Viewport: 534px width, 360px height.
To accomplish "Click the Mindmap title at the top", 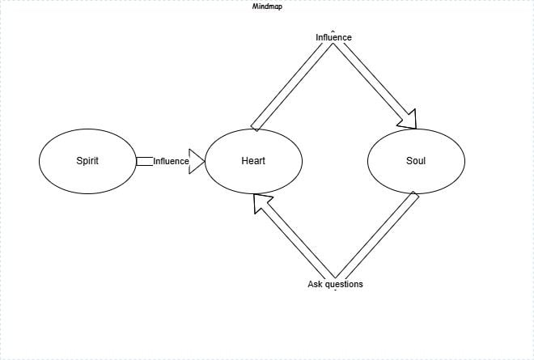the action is click(x=267, y=6).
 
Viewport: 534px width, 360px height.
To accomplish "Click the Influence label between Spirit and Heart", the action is click(x=171, y=161).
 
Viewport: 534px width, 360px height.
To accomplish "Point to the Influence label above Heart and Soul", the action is click(x=333, y=37).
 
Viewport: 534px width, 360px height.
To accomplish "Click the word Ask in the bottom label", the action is click(x=315, y=284).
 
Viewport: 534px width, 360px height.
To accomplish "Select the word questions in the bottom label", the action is click(x=343, y=285).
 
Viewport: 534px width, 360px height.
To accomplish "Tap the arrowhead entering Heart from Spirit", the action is click(x=197, y=162).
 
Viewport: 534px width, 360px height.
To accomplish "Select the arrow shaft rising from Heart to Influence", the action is click(x=291, y=86).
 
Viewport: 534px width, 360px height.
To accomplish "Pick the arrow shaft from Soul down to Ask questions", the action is click(x=377, y=235).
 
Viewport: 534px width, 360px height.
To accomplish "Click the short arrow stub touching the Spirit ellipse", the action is click(x=144, y=162).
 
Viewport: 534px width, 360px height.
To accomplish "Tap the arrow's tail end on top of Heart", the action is click(x=254, y=128).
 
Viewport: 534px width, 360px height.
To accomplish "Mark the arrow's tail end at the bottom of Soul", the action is click(x=416, y=194).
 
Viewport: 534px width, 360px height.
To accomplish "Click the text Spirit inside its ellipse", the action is click(x=87, y=161).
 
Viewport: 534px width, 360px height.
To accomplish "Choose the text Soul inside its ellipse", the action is click(x=416, y=161).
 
